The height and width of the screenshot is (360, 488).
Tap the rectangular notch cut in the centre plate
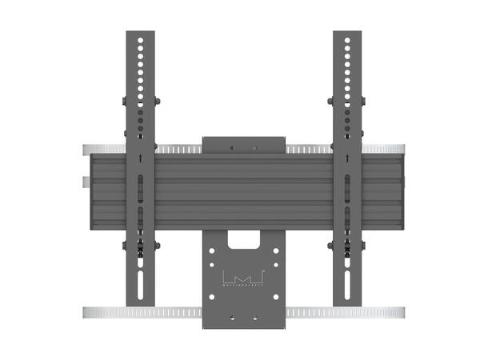pyautogui.click(x=244, y=238)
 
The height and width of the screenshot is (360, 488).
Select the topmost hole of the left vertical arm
pyautogui.click(x=141, y=38)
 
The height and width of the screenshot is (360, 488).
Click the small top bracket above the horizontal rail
pyautogui.click(x=244, y=145)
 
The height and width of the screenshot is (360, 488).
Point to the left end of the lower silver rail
pyautogui.click(x=86, y=310)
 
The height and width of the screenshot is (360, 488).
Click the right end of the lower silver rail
pyautogui.click(x=402, y=310)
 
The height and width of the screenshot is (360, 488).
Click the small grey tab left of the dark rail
pyautogui.click(x=86, y=180)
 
